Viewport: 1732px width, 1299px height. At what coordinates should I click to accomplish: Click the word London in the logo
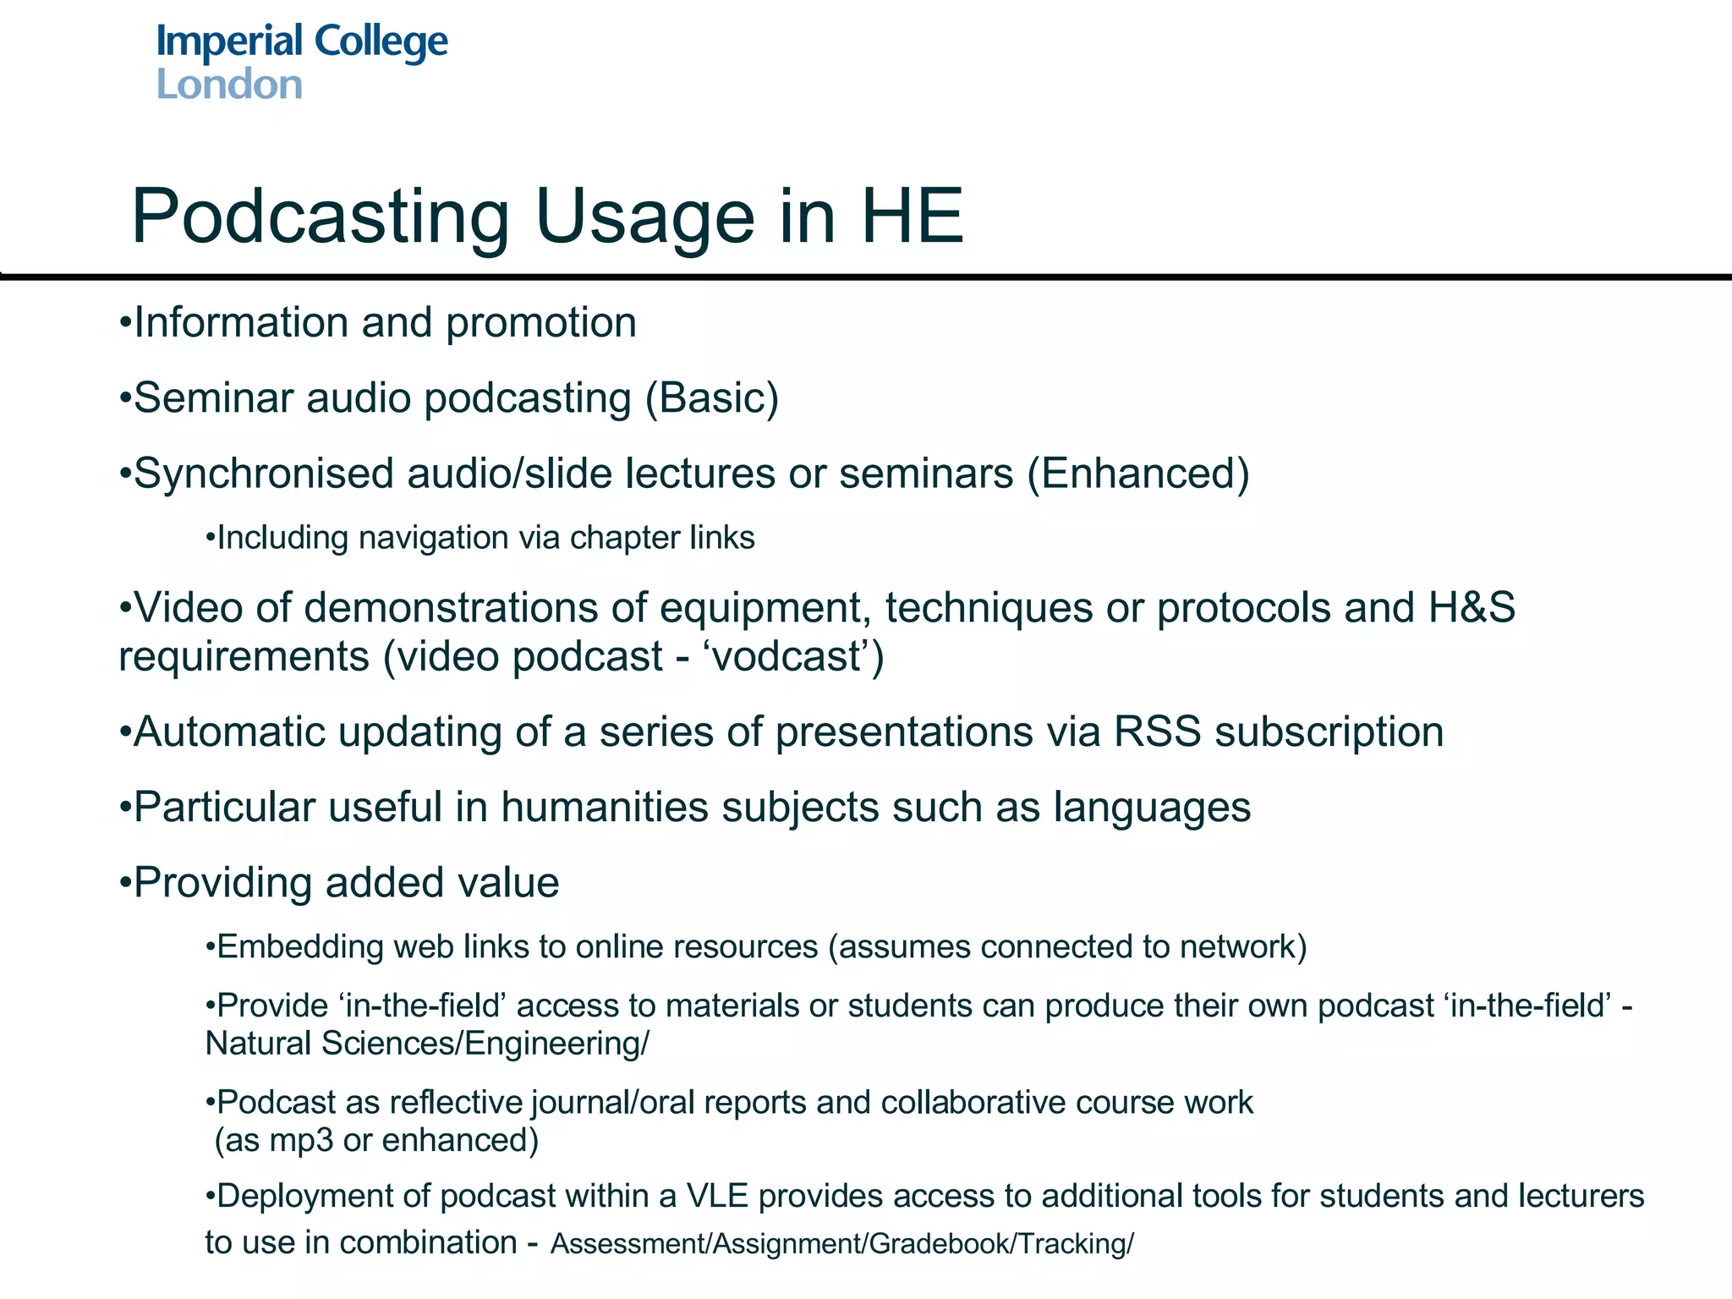click(x=229, y=85)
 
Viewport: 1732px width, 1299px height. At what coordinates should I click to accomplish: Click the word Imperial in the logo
click(x=229, y=42)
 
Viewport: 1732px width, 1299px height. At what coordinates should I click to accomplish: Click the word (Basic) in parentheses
click(x=711, y=397)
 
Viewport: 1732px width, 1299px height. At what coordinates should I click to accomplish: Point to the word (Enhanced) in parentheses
click(x=1138, y=473)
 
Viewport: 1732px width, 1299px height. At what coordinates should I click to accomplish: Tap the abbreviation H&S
click(x=1472, y=607)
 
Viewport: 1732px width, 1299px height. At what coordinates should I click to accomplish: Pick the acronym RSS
click(x=1157, y=732)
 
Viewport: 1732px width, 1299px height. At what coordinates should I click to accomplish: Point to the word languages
click(x=1152, y=808)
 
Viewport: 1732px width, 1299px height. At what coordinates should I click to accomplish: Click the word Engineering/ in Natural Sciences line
click(x=556, y=1044)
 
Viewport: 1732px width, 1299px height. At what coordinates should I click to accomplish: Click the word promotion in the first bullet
click(x=540, y=323)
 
